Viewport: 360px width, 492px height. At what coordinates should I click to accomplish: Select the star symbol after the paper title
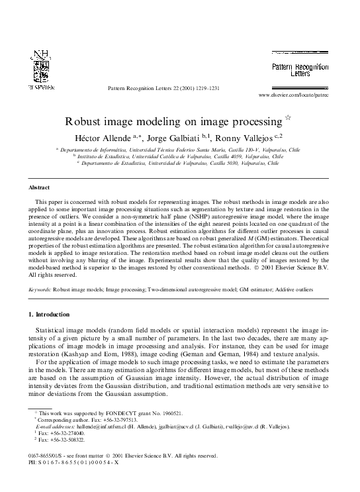(288, 118)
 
